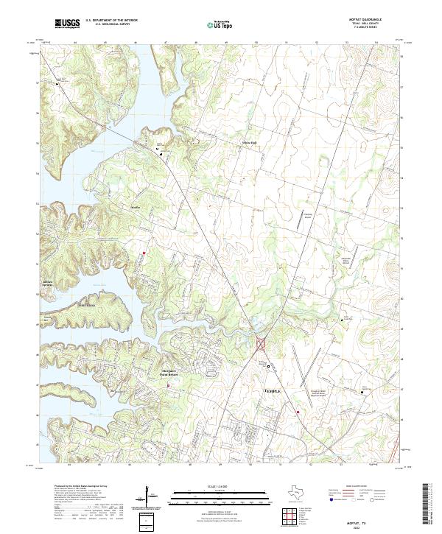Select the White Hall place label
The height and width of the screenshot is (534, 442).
point(250,142)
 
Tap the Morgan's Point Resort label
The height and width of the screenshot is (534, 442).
point(169,373)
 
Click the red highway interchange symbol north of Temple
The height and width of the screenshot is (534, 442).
point(260,343)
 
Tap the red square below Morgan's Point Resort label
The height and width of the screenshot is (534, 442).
point(169,384)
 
